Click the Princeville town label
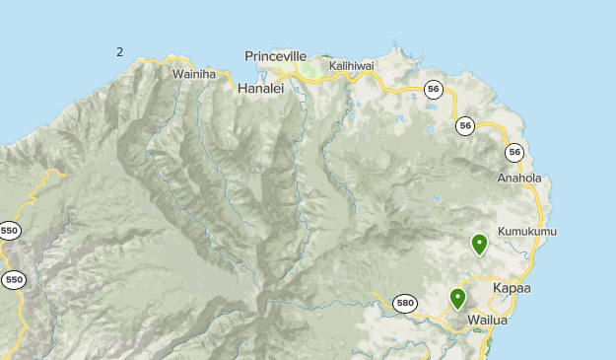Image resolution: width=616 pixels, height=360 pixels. [276, 56]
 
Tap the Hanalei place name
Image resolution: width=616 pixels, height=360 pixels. [260, 89]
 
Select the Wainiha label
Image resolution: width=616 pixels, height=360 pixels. [193, 73]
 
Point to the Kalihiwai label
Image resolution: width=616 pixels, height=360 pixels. [352, 65]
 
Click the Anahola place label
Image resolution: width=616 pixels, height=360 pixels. [519, 179]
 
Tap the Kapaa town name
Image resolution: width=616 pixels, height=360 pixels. [512, 288]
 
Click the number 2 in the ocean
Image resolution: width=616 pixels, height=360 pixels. [120, 51]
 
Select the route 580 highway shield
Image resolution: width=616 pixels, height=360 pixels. [404, 303]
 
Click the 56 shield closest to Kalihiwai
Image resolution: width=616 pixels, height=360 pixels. [433, 89]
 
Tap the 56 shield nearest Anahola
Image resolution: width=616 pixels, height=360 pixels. [514, 152]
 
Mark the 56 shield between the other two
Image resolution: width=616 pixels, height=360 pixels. [465, 125]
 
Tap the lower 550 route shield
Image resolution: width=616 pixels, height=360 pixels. [13, 280]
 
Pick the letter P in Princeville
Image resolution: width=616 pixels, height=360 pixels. [249, 56]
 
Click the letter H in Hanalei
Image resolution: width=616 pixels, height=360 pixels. [242, 89]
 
